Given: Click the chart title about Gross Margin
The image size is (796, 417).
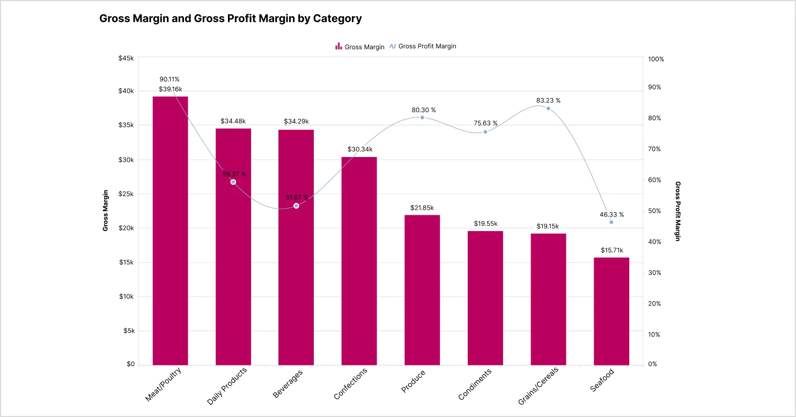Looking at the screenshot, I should coord(231,19).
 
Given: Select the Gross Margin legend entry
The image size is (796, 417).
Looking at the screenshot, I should coord(360,47).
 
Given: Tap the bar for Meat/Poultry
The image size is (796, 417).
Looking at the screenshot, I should coord(170,230).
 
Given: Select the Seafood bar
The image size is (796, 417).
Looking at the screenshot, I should coord(611,311).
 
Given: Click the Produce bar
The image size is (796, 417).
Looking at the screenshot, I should coord(422,289).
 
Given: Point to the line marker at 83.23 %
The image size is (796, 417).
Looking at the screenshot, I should coord(548,108).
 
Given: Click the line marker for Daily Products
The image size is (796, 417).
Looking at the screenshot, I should coord(233,182).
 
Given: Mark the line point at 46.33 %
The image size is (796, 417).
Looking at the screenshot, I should coord(611,222).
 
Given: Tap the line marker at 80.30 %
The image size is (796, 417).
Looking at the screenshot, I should coord(422,117).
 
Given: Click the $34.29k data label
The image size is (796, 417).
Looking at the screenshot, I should coord(296,121).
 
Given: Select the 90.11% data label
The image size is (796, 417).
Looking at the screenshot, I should coord(169,79).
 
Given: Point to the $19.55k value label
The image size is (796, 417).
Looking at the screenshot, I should coord(485,223).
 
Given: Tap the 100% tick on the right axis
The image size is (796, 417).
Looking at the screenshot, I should coord(656,59).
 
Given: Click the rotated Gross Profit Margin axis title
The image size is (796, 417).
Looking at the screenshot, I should coord(677,211).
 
